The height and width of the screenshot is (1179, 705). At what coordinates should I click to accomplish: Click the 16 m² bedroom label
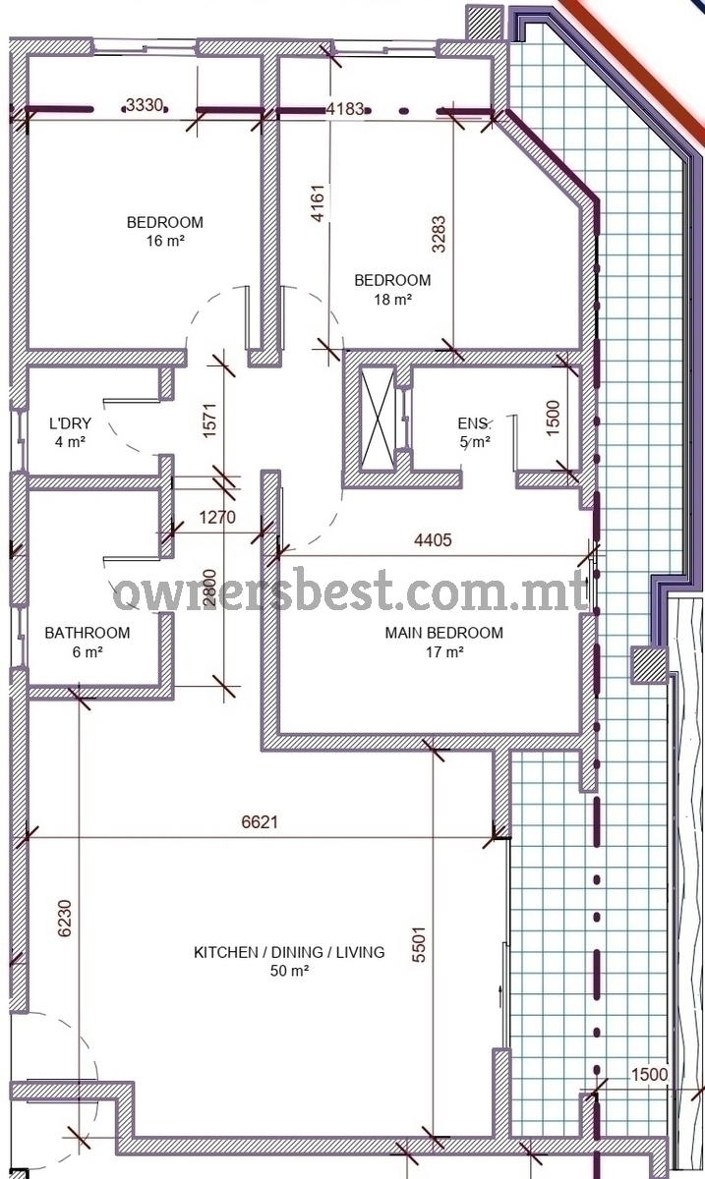(x=165, y=231)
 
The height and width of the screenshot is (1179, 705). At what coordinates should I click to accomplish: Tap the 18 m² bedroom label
(x=392, y=290)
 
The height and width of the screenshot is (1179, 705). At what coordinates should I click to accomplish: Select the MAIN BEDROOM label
(x=444, y=643)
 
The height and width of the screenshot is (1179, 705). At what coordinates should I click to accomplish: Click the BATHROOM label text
(x=88, y=633)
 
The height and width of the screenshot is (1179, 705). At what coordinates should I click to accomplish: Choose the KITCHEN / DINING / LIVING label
(x=289, y=952)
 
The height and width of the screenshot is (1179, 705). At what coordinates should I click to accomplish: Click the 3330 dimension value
(x=145, y=105)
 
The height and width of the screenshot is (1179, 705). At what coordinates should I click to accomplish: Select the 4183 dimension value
(x=345, y=109)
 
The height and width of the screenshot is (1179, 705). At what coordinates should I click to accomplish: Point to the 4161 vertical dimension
(x=318, y=203)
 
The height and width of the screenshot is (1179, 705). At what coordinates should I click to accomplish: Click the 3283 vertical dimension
(x=439, y=234)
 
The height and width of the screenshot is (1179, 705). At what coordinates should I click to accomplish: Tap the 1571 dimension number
(x=209, y=421)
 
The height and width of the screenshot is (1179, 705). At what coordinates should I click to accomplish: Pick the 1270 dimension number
(x=217, y=518)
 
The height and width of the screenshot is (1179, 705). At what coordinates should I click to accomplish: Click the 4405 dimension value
(x=433, y=540)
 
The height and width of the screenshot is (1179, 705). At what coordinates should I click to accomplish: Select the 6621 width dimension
(x=260, y=821)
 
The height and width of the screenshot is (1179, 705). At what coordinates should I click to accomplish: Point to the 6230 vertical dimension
(x=64, y=919)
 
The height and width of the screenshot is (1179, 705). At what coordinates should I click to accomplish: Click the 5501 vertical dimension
(x=419, y=945)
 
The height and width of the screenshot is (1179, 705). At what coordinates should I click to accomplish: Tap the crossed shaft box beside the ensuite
(x=378, y=419)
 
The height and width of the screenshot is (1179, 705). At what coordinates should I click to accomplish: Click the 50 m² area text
(x=289, y=970)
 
